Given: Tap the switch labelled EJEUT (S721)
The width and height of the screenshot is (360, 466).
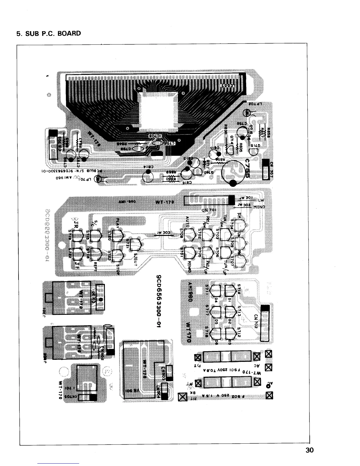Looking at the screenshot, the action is point(136,244).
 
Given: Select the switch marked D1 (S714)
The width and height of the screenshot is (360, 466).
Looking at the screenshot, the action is point(231,291).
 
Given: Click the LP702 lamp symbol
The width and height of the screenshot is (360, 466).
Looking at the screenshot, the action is point(247,112).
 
